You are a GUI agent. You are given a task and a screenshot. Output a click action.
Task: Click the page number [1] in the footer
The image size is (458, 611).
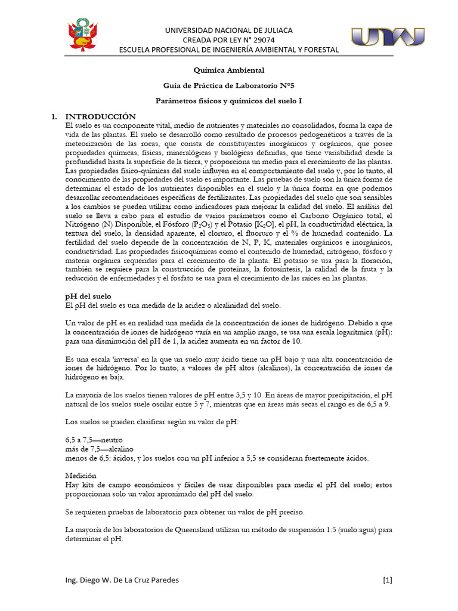tap(387, 580)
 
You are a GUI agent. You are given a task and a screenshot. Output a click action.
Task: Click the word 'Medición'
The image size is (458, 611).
tap(81, 476)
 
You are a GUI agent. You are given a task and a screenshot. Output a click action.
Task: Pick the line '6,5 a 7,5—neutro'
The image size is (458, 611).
tap(94, 440)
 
